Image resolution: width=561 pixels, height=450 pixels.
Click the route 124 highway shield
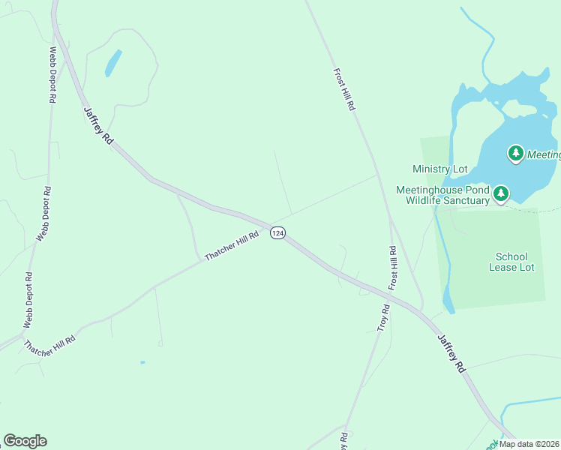(277, 233)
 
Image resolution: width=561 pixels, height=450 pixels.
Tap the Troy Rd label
(384, 318)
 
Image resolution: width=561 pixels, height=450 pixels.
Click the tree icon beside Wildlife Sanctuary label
(501, 195)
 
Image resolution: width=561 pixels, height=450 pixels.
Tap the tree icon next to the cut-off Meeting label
(515, 154)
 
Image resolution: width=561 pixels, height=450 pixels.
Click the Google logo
(25, 441)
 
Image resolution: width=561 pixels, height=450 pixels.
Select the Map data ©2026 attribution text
(528, 444)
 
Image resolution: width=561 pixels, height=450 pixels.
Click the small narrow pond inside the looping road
(113, 63)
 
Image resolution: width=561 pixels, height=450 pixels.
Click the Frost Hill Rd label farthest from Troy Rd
(343, 90)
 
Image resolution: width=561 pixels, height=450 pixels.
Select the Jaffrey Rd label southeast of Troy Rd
(451, 353)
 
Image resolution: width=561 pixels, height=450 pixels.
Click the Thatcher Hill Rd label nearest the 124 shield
(232, 245)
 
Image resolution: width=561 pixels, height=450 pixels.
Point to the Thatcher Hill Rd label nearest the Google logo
(50, 345)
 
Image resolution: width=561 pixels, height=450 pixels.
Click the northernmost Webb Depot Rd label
(52, 75)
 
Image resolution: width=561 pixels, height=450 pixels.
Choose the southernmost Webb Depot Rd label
(28, 300)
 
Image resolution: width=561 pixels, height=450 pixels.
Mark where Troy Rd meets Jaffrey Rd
(391, 295)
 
